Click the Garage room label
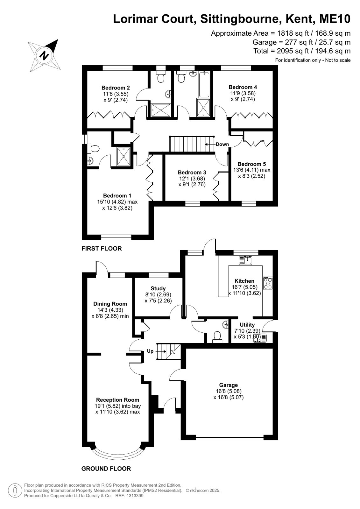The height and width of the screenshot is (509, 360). (229, 385)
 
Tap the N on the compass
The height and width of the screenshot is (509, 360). (44, 55)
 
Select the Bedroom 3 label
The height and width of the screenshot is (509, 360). (192, 173)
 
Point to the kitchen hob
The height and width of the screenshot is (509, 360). (268, 283)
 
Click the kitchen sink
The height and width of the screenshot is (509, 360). (245, 260)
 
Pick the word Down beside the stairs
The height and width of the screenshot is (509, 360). (222, 144)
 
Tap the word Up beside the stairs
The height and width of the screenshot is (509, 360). (150, 351)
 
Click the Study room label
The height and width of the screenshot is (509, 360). (158, 289)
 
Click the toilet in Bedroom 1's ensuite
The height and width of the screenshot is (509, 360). (95, 149)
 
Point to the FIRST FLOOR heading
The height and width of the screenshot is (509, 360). (102, 248)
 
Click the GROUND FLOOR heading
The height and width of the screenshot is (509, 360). (106, 469)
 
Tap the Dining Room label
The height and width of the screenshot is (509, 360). (110, 304)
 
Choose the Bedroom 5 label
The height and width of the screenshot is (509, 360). (251, 164)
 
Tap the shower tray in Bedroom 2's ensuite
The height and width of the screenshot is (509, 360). (161, 110)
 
